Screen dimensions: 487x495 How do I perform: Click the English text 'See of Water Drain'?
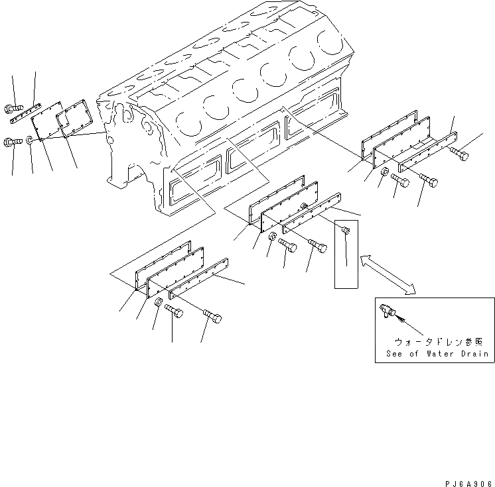coord(437,354)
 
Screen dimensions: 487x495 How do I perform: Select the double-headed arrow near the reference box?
coord(387,272)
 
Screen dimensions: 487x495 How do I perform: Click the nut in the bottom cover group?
coord(159,303)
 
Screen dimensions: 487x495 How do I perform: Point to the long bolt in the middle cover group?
coord(317,246)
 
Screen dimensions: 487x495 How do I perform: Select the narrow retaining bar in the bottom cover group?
coord(198,278)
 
